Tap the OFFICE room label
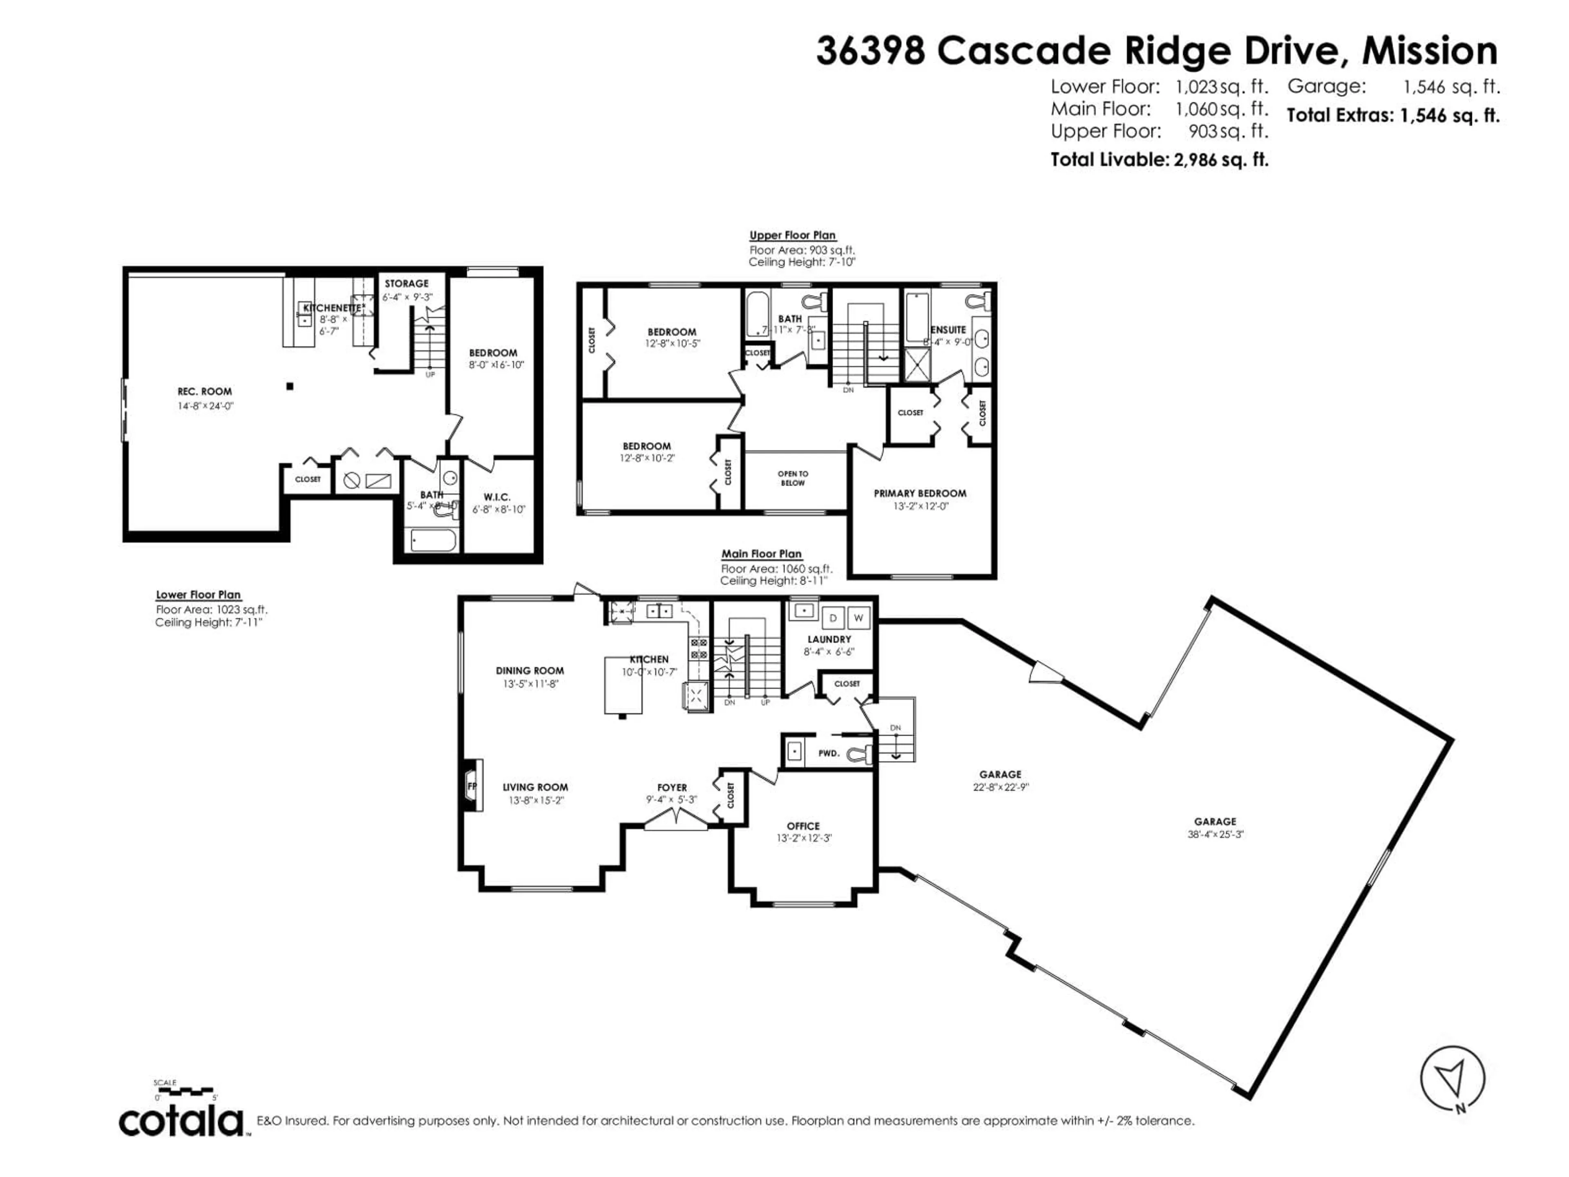pyautogui.click(x=803, y=826)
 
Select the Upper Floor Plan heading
pyautogui.click(x=792, y=235)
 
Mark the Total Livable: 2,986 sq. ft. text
pyautogui.click(x=1159, y=160)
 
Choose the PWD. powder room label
pyautogui.click(x=829, y=753)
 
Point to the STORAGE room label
pyautogui.click(x=407, y=283)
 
